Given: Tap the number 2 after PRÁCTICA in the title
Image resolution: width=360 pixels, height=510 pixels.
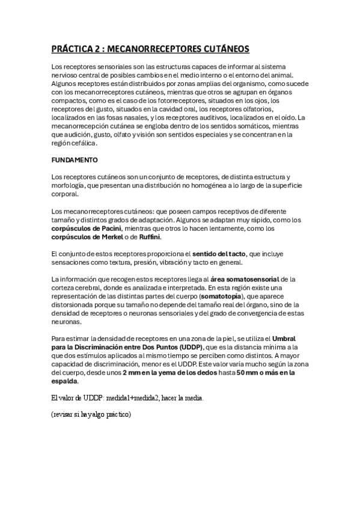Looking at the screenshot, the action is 95,49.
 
